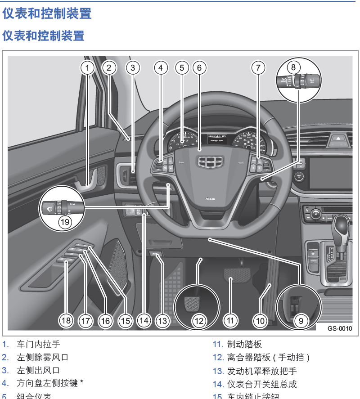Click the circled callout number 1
coord(88,68)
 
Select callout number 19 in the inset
coord(65,221)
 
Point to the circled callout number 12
coord(199,321)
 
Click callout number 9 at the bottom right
coord(301,321)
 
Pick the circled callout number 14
coord(144,321)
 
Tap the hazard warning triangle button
coord(337,140)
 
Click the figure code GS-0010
coord(340,329)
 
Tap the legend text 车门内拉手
coord(38,345)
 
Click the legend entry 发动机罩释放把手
coord(262,372)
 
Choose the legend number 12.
coord(218,358)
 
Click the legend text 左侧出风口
coord(38,371)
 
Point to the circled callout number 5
coord(181,68)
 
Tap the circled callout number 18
coord(67,321)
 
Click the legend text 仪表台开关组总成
coord(262,385)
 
